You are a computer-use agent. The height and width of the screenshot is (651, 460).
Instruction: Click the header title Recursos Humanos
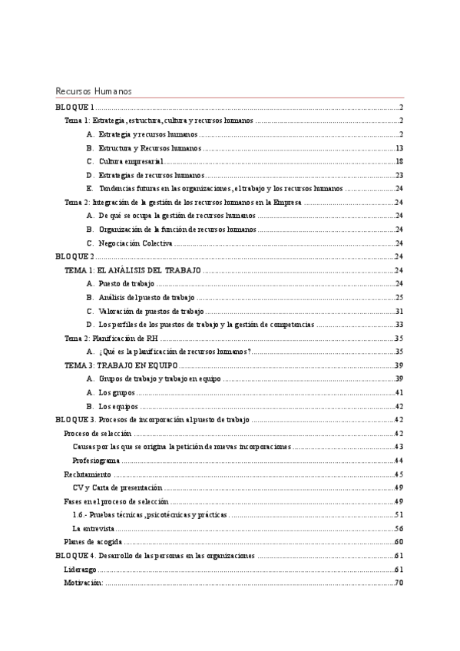(x=94, y=91)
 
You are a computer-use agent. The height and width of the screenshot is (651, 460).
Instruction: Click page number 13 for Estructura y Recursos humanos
(x=399, y=148)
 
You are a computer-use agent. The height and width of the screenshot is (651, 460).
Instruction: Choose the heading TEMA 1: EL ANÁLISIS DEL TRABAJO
(x=132, y=270)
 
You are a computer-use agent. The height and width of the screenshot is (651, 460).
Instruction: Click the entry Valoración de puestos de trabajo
(x=151, y=311)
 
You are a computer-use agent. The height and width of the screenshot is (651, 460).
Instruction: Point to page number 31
(x=399, y=311)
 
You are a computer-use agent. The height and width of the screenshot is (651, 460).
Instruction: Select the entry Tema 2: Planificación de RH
(x=111, y=339)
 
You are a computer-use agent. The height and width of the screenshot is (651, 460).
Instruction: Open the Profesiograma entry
(x=96, y=461)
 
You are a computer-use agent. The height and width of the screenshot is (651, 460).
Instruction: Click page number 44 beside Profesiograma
(x=399, y=461)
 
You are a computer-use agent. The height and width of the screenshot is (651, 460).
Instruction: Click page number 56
(x=399, y=528)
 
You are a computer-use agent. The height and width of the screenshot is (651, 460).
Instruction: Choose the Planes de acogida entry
(x=91, y=542)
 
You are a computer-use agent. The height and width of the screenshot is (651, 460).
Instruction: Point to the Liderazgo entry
(x=80, y=569)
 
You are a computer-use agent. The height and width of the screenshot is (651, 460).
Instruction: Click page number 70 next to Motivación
(x=399, y=583)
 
